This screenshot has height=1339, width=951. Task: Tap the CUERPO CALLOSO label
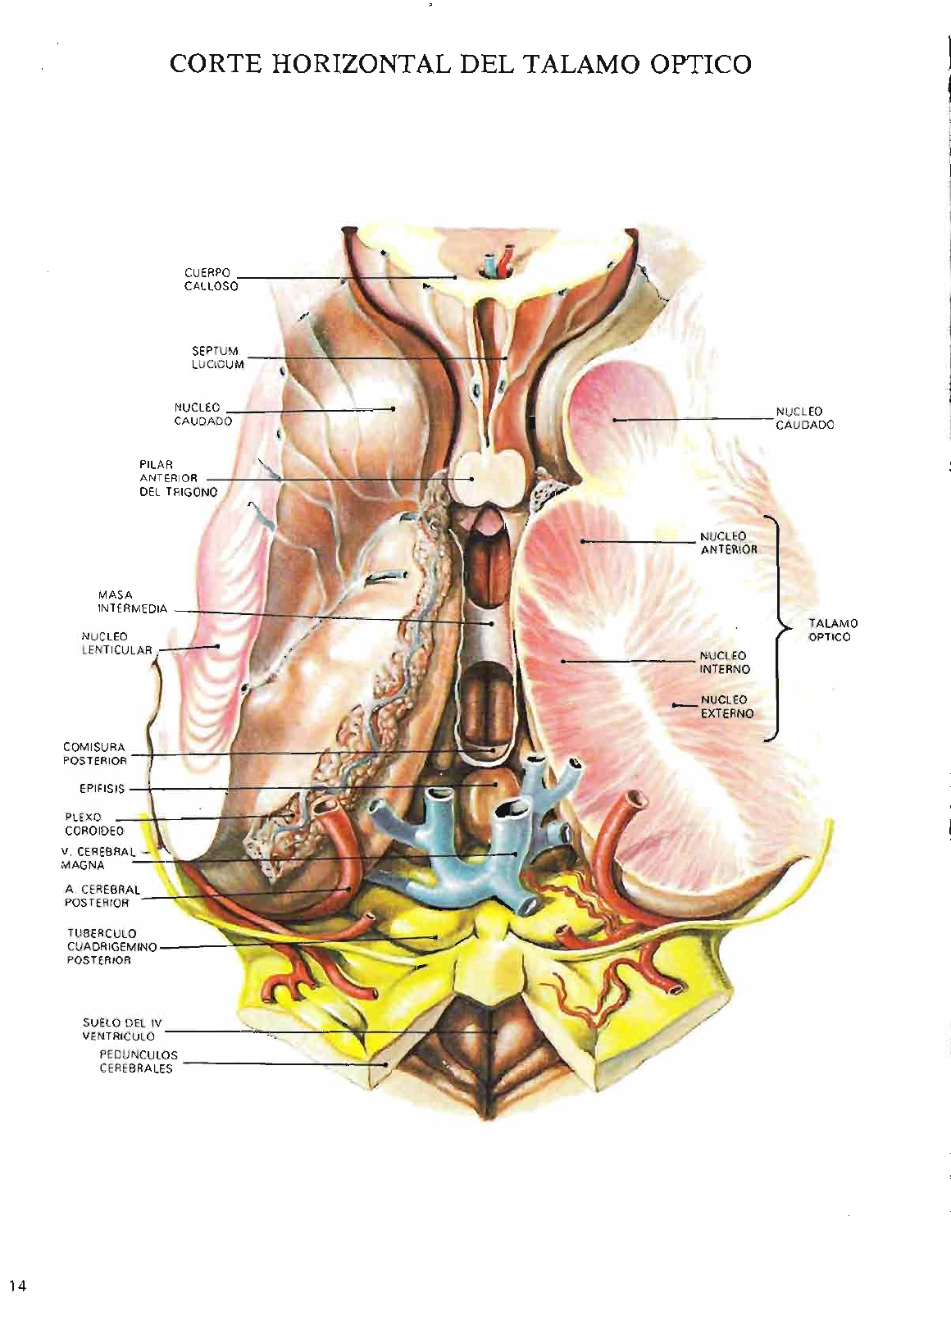point(211,280)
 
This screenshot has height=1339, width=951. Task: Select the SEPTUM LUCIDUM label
point(217,358)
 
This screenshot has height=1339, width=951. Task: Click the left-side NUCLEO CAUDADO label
point(203,414)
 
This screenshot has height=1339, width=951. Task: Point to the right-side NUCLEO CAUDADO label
point(805,418)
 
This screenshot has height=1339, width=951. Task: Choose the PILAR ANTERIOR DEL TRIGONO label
point(178,478)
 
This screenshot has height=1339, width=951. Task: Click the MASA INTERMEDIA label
point(133,602)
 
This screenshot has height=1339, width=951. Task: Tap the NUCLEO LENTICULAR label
point(116,643)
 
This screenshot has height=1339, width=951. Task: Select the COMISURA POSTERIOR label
point(95,754)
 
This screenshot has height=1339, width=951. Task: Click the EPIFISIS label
point(102,789)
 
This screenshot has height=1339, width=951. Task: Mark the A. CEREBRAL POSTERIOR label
point(102,896)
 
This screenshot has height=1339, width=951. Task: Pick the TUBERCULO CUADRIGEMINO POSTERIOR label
point(111,947)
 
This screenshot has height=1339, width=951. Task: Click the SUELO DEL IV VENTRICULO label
point(122,1029)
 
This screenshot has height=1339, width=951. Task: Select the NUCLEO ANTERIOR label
point(729,543)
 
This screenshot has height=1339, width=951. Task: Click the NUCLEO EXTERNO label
point(727,707)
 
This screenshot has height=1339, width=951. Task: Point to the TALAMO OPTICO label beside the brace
point(833,630)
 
